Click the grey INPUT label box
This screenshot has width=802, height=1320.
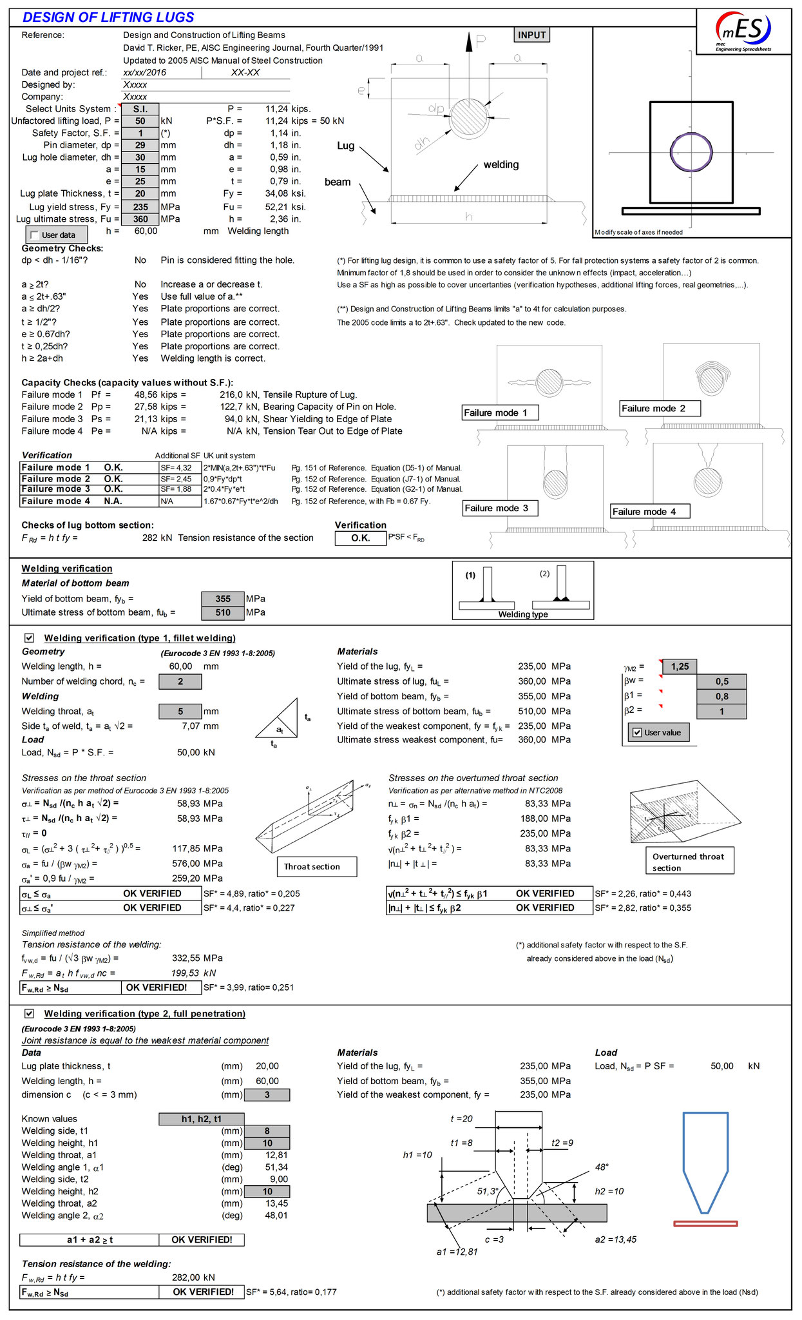point(531,35)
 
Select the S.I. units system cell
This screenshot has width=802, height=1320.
point(140,109)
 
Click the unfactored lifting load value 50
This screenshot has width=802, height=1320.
point(140,121)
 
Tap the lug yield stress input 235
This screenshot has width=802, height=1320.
point(140,207)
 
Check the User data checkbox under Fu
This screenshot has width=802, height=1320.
point(35,235)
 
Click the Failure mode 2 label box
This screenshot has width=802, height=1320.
point(660,409)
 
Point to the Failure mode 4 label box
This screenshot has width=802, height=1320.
point(650,512)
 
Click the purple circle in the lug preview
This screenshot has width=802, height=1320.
point(691,153)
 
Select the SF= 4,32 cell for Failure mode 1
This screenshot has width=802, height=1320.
point(180,468)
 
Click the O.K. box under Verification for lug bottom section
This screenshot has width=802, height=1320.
point(360,538)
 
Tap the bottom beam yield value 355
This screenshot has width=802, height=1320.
point(223,599)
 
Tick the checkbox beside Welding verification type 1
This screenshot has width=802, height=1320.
point(29,638)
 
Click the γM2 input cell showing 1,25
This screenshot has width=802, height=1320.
point(680,666)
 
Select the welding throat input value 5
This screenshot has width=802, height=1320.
point(180,712)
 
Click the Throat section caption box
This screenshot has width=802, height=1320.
point(316,867)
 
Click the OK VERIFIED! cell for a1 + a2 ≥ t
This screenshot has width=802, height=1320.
point(202,1239)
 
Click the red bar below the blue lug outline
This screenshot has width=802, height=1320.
point(705,1223)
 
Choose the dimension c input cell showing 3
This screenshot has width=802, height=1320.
point(267,1094)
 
